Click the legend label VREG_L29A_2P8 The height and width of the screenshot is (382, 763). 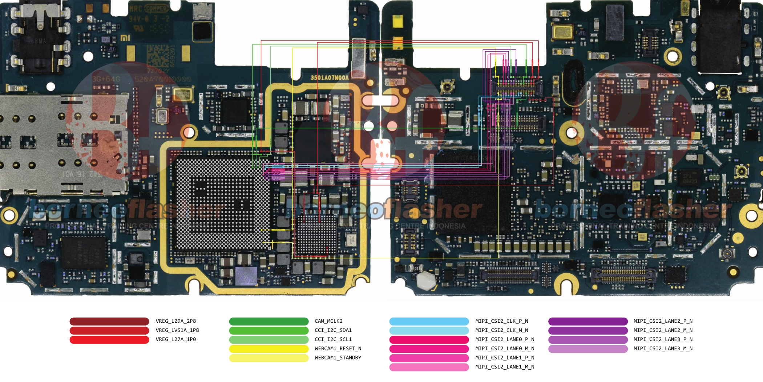tap(175, 321)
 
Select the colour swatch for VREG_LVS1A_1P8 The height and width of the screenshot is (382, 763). tap(109, 330)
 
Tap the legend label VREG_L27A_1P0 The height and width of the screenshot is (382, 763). tap(175, 339)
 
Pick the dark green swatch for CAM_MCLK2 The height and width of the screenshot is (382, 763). tap(269, 321)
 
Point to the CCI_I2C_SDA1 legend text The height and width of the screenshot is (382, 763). tap(333, 330)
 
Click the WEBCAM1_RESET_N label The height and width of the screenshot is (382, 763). tap(338, 349)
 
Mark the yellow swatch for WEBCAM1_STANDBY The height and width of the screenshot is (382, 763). tap(269, 358)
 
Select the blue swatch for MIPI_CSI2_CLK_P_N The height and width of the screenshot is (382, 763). tap(429, 321)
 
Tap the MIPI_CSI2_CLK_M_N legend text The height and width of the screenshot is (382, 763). tap(501, 330)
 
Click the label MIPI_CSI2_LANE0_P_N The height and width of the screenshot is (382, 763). tap(504, 339)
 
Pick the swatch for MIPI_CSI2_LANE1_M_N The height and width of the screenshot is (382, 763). tap(429, 367)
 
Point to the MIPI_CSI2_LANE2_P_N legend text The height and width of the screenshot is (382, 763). tap(663, 321)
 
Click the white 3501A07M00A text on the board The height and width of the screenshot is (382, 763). tap(329, 78)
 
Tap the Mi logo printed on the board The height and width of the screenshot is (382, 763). tap(125, 38)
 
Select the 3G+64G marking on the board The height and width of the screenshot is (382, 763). tap(106, 79)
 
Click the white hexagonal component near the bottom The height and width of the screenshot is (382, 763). tap(425, 280)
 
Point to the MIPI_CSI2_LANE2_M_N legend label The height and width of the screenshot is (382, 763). tap(663, 330)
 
